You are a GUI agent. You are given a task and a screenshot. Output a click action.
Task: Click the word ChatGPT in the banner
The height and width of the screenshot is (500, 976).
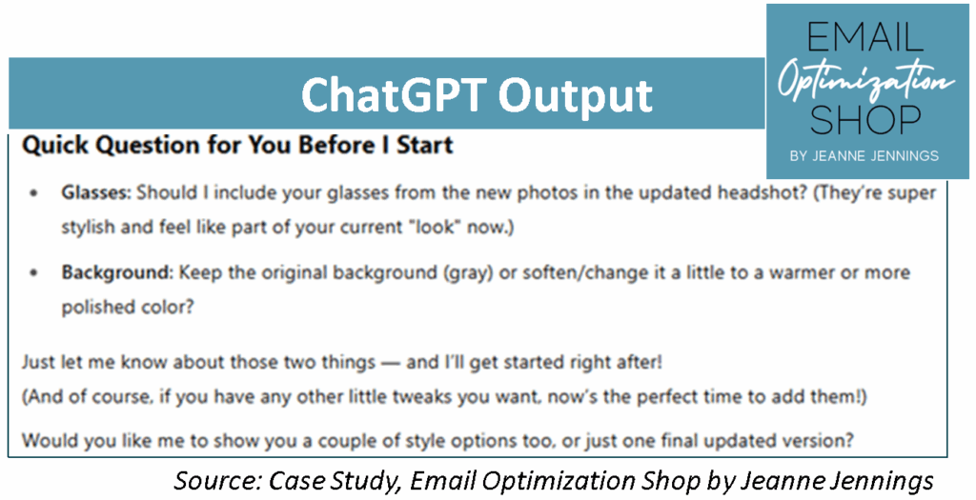(x=394, y=96)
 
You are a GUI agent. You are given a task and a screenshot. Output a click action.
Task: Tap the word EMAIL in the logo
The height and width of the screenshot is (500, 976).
(x=864, y=37)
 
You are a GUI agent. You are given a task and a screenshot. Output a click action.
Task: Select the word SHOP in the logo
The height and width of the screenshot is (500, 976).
(x=864, y=119)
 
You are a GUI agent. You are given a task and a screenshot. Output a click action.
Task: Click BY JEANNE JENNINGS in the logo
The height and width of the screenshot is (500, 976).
(x=864, y=156)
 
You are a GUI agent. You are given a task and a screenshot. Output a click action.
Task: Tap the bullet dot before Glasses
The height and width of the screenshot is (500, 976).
(x=34, y=193)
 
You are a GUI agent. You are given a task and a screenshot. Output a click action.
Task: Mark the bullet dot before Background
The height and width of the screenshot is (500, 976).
(x=34, y=272)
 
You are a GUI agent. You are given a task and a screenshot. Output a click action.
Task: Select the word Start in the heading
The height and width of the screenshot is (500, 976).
(x=425, y=145)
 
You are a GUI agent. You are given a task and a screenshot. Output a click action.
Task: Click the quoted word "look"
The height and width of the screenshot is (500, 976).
(x=436, y=227)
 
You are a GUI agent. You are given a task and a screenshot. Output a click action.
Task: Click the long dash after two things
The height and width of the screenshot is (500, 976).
(x=390, y=363)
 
